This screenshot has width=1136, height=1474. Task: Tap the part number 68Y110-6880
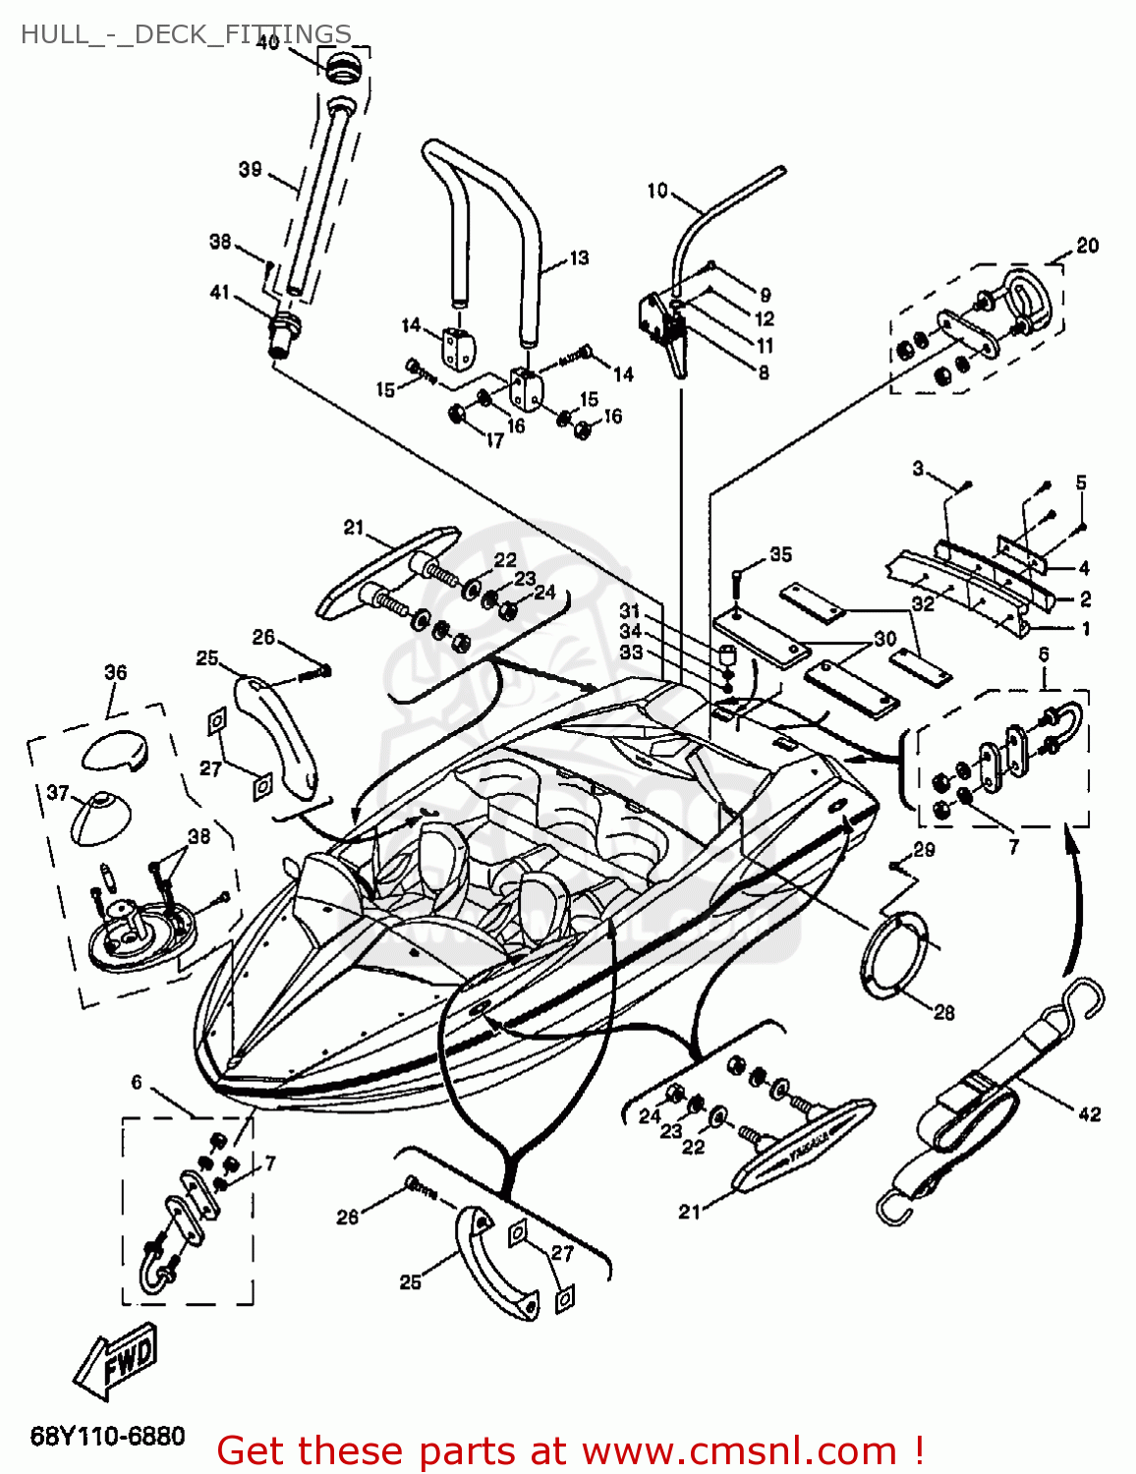pos(107,1436)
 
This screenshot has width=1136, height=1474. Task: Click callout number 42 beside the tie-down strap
pos(1089,1113)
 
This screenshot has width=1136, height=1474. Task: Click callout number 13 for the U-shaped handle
pos(579,257)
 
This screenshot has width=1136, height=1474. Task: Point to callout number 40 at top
pos(267,42)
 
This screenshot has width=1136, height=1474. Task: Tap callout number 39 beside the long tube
pos(250,169)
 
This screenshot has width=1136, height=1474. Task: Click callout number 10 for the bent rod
pos(657,190)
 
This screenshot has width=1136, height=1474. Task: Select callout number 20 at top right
pos(1087,245)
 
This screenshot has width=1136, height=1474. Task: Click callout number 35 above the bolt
pos(780,554)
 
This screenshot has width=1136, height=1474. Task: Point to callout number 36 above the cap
pos(115,672)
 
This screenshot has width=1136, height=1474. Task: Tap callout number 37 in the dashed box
pos(58,792)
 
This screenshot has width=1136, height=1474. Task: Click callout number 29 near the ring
pos(924,849)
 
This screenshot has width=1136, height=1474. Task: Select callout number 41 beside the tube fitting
pos(219,292)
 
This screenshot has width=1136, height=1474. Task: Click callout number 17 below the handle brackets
pos(494,441)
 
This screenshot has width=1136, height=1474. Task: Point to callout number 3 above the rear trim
pos(918,468)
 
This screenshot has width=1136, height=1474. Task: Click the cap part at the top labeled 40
pos(342,69)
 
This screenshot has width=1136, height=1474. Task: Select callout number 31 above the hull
pos(629,610)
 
